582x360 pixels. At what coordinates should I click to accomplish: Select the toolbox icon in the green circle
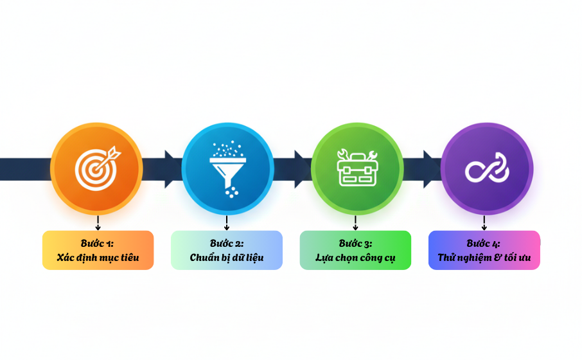[x=357, y=167]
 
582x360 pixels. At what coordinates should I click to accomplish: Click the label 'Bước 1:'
[x=98, y=244]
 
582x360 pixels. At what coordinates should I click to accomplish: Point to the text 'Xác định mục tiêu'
[x=98, y=258]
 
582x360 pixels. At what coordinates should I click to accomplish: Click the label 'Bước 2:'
[x=227, y=244]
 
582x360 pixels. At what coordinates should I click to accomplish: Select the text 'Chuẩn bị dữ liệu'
[x=227, y=258]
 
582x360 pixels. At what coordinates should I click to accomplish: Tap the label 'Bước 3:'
[x=355, y=244]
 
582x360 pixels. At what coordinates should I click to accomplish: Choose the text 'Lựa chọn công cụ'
[x=355, y=258]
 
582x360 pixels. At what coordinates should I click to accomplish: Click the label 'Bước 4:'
[x=484, y=244]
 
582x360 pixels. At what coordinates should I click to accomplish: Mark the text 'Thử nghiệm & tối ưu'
[x=484, y=258]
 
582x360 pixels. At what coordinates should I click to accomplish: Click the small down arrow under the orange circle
[x=98, y=224]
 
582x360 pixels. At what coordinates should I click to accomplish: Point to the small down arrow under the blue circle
[x=227, y=224]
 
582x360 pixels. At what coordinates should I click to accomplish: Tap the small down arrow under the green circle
[x=355, y=224]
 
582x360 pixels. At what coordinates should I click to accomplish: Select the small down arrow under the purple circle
[x=484, y=224]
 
